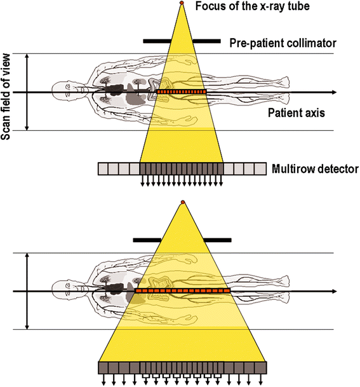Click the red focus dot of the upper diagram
click(x=182, y=4)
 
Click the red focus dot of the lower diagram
click(x=182, y=202)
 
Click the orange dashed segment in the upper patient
click(x=182, y=93)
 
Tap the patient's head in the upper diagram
click(x=62, y=93)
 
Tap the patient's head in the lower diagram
click(x=62, y=291)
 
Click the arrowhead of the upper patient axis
click(x=349, y=93)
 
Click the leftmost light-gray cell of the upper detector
click(x=103, y=168)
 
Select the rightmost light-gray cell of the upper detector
click(x=260, y=168)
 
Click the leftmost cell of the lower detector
click(x=103, y=367)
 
